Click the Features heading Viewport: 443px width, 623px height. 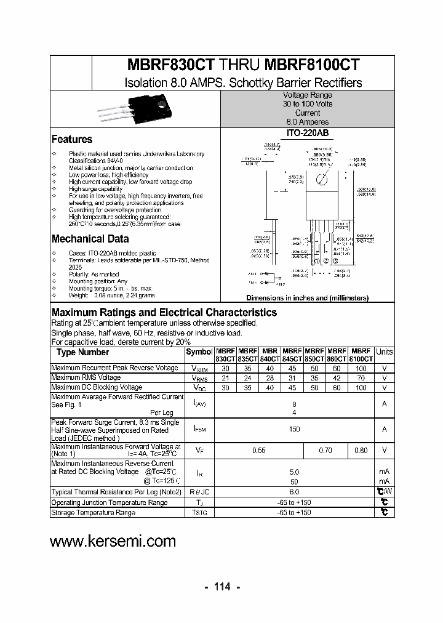click(x=72, y=140)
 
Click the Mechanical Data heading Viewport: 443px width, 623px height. click(x=90, y=239)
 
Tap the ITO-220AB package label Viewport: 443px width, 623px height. click(x=307, y=132)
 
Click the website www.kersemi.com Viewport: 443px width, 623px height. click(x=113, y=541)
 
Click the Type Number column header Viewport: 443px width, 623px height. click(x=82, y=353)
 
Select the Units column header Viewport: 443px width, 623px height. click(x=384, y=352)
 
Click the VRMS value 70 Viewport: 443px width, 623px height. click(x=361, y=378)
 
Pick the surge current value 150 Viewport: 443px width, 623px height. click(x=294, y=429)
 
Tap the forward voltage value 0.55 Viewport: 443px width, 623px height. click(x=259, y=451)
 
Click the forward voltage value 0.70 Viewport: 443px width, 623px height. click(x=325, y=451)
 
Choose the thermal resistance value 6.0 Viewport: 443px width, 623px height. click(x=294, y=492)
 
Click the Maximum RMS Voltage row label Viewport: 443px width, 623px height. click(x=86, y=378)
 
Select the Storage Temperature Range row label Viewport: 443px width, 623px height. click(x=93, y=512)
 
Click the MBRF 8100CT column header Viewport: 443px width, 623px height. click(x=361, y=354)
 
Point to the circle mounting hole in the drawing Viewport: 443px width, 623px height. click(x=321, y=180)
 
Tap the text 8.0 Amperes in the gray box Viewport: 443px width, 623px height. click(x=307, y=122)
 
